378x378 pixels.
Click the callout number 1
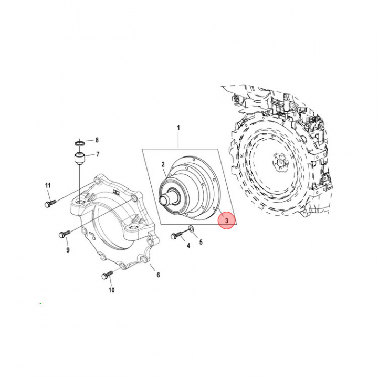[178, 128]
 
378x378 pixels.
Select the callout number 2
[163, 164]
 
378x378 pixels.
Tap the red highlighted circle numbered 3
[226, 220]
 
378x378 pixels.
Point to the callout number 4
[188, 246]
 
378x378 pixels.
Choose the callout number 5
[201, 241]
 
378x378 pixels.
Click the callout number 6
[158, 275]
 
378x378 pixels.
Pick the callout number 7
[97, 154]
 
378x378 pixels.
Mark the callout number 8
[97, 140]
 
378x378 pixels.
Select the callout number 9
[68, 250]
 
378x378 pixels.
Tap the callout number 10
[111, 290]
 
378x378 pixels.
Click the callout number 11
[48, 186]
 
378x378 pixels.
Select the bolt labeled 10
[108, 274]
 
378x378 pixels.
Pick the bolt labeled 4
[175, 236]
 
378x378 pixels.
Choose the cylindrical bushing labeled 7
[79, 157]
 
